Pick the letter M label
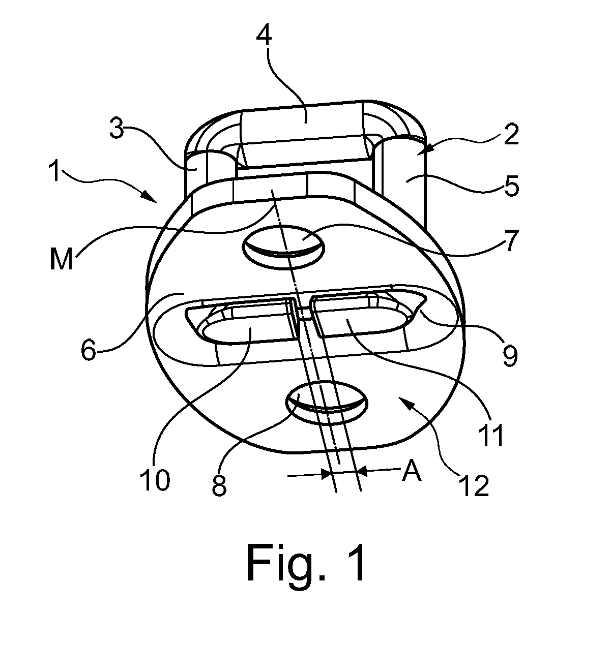point(61,258)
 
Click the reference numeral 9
point(510,355)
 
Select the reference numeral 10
point(155,479)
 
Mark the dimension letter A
point(412,472)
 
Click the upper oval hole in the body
point(283,248)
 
